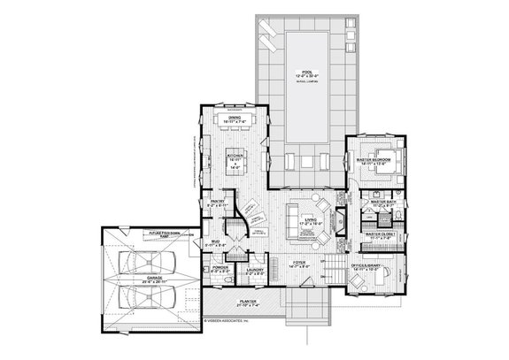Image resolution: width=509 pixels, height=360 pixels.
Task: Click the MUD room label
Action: [217, 240]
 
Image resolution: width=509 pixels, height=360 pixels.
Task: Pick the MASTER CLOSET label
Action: [382, 235]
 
